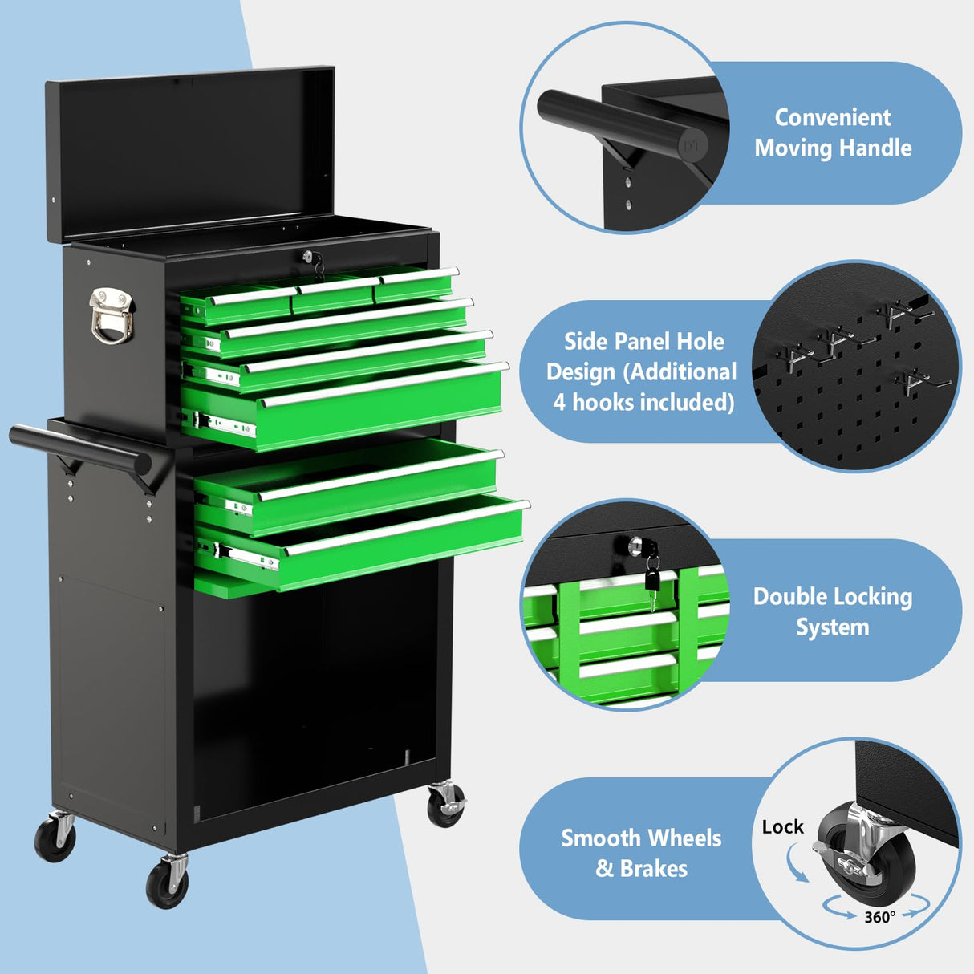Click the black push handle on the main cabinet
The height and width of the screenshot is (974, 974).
pyautogui.click(x=80, y=449)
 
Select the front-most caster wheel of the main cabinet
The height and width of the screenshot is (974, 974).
pyautogui.click(x=168, y=883)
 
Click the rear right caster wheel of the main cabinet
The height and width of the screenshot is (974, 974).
pyautogui.click(x=445, y=806)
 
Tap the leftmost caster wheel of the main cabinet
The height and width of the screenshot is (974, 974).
pyautogui.click(x=55, y=839)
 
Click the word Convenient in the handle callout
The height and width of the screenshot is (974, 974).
pyautogui.click(x=832, y=117)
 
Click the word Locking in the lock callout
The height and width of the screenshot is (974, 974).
pyautogui.click(x=874, y=596)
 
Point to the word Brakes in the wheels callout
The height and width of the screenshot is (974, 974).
pyautogui.click(x=653, y=868)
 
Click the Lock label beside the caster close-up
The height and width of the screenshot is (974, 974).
pyautogui.click(x=782, y=826)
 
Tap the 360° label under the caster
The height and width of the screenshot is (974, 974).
pyautogui.click(x=879, y=917)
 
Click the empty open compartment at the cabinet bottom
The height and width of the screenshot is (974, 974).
pyautogui.click(x=313, y=690)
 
